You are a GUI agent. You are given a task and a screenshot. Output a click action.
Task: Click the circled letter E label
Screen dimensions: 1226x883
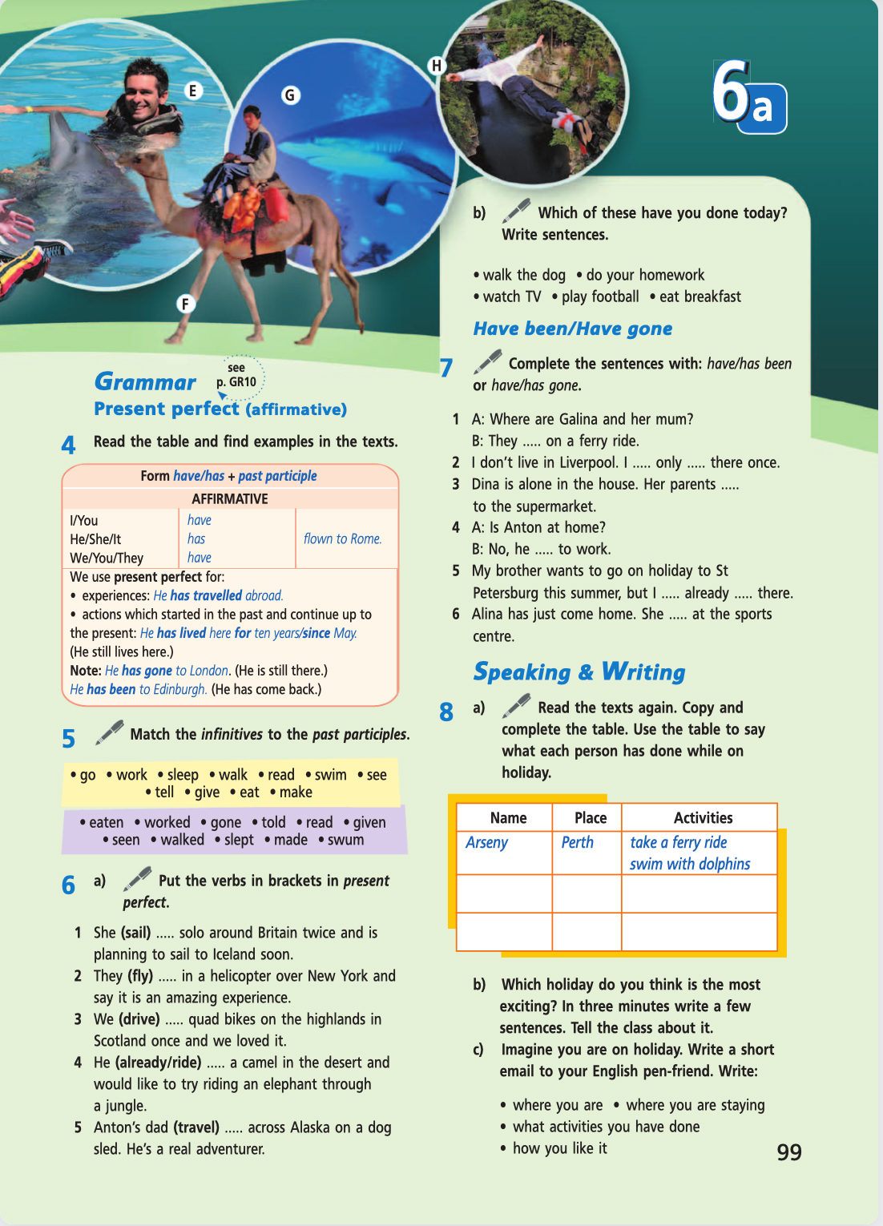[x=192, y=91]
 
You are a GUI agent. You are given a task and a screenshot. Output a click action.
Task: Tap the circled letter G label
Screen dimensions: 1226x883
[x=290, y=95]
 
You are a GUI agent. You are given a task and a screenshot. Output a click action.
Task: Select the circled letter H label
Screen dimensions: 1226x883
[x=436, y=66]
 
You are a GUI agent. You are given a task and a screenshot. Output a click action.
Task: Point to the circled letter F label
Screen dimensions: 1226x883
[x=185, y=304]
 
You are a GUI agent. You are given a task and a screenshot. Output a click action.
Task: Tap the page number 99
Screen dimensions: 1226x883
[x=788, y=1152]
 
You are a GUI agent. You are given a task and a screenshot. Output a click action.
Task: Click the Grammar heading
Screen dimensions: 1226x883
[x=145, y=382]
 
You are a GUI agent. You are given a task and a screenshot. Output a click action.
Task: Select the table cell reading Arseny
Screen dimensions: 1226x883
[x=486, y=842]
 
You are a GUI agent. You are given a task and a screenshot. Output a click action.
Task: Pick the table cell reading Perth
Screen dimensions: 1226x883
[x=577, y=842]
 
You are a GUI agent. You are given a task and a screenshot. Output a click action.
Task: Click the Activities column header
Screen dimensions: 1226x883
[x=703, y=817]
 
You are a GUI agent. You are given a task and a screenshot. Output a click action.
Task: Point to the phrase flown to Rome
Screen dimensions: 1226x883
[x=342, y=538]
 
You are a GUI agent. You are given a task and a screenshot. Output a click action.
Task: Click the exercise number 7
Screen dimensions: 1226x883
[x=446, y=368]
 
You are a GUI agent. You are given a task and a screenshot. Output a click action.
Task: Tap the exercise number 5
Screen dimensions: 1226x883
[x=69, y=738]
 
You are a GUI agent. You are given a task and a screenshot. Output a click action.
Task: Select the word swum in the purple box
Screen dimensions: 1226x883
[x=345, y=840]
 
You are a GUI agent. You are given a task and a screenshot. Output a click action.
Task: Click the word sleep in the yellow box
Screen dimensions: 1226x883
[x=183, y=775]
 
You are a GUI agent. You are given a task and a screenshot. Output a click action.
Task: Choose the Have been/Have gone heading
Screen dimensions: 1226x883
[x=572, y=329]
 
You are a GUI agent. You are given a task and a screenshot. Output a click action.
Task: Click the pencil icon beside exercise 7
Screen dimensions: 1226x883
[x=487, y=361]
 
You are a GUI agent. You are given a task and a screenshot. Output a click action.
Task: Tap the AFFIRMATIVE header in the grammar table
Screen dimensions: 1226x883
[x=230, y=498]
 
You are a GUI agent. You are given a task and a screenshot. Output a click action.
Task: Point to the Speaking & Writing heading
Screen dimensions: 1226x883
[x=579, y=671]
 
